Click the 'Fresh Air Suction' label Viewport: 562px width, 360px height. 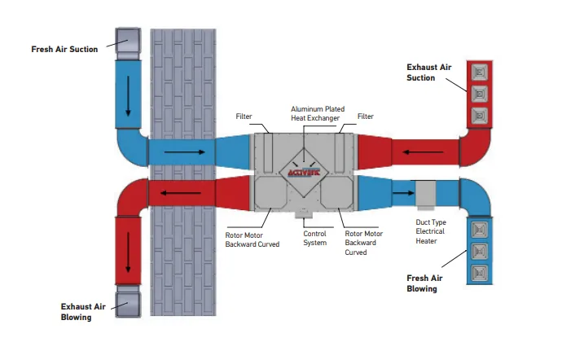pyautogui.click(x=64, y=49)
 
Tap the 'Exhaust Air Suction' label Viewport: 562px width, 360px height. pyautogui.click(x=428, y=72)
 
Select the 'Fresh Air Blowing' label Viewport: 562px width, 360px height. pyautogui.click(x=424, y=283)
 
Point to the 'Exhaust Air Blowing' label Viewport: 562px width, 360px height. pyautogui.click(x=83, y=312)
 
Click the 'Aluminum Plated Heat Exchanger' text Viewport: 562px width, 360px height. pyautogui.click(x=318, y=113)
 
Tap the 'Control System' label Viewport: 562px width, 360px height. pyautogui.click(x=314, y=238)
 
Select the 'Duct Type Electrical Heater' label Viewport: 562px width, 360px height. pyautogui.click(x=431, y=231)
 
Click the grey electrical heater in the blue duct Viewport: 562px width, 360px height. pyautogui.click(x=425, y=195)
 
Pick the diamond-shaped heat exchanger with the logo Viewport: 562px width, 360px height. pyautogui.click(x=304, y=173)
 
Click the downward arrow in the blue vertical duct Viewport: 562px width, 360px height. pyautogui.click(x=128, y=96)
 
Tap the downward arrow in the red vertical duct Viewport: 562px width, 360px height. pyautogui.click(x=128, y=252)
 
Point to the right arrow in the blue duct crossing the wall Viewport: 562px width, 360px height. pyautogui.click(x=185, y=152)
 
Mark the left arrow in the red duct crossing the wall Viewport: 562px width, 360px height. pyautogui.click(x=181, y=193)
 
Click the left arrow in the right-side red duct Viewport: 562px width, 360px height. pyautogui.click(x=423, y=152)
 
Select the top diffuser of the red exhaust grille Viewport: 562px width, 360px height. pyautogui.click(x=480, y=72)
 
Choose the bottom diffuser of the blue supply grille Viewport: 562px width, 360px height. pyautogui.click(x=480, y=274)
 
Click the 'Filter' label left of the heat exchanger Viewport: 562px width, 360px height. pyautogui.click(x=244, y=116)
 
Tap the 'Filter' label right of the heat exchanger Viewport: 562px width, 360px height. pyautogui.click(x=366, y=116)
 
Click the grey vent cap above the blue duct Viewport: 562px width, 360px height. pyautogui.click(x=128, y=44)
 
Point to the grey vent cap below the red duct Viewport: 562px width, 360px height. pyautogui.click(x=128, y=301)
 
